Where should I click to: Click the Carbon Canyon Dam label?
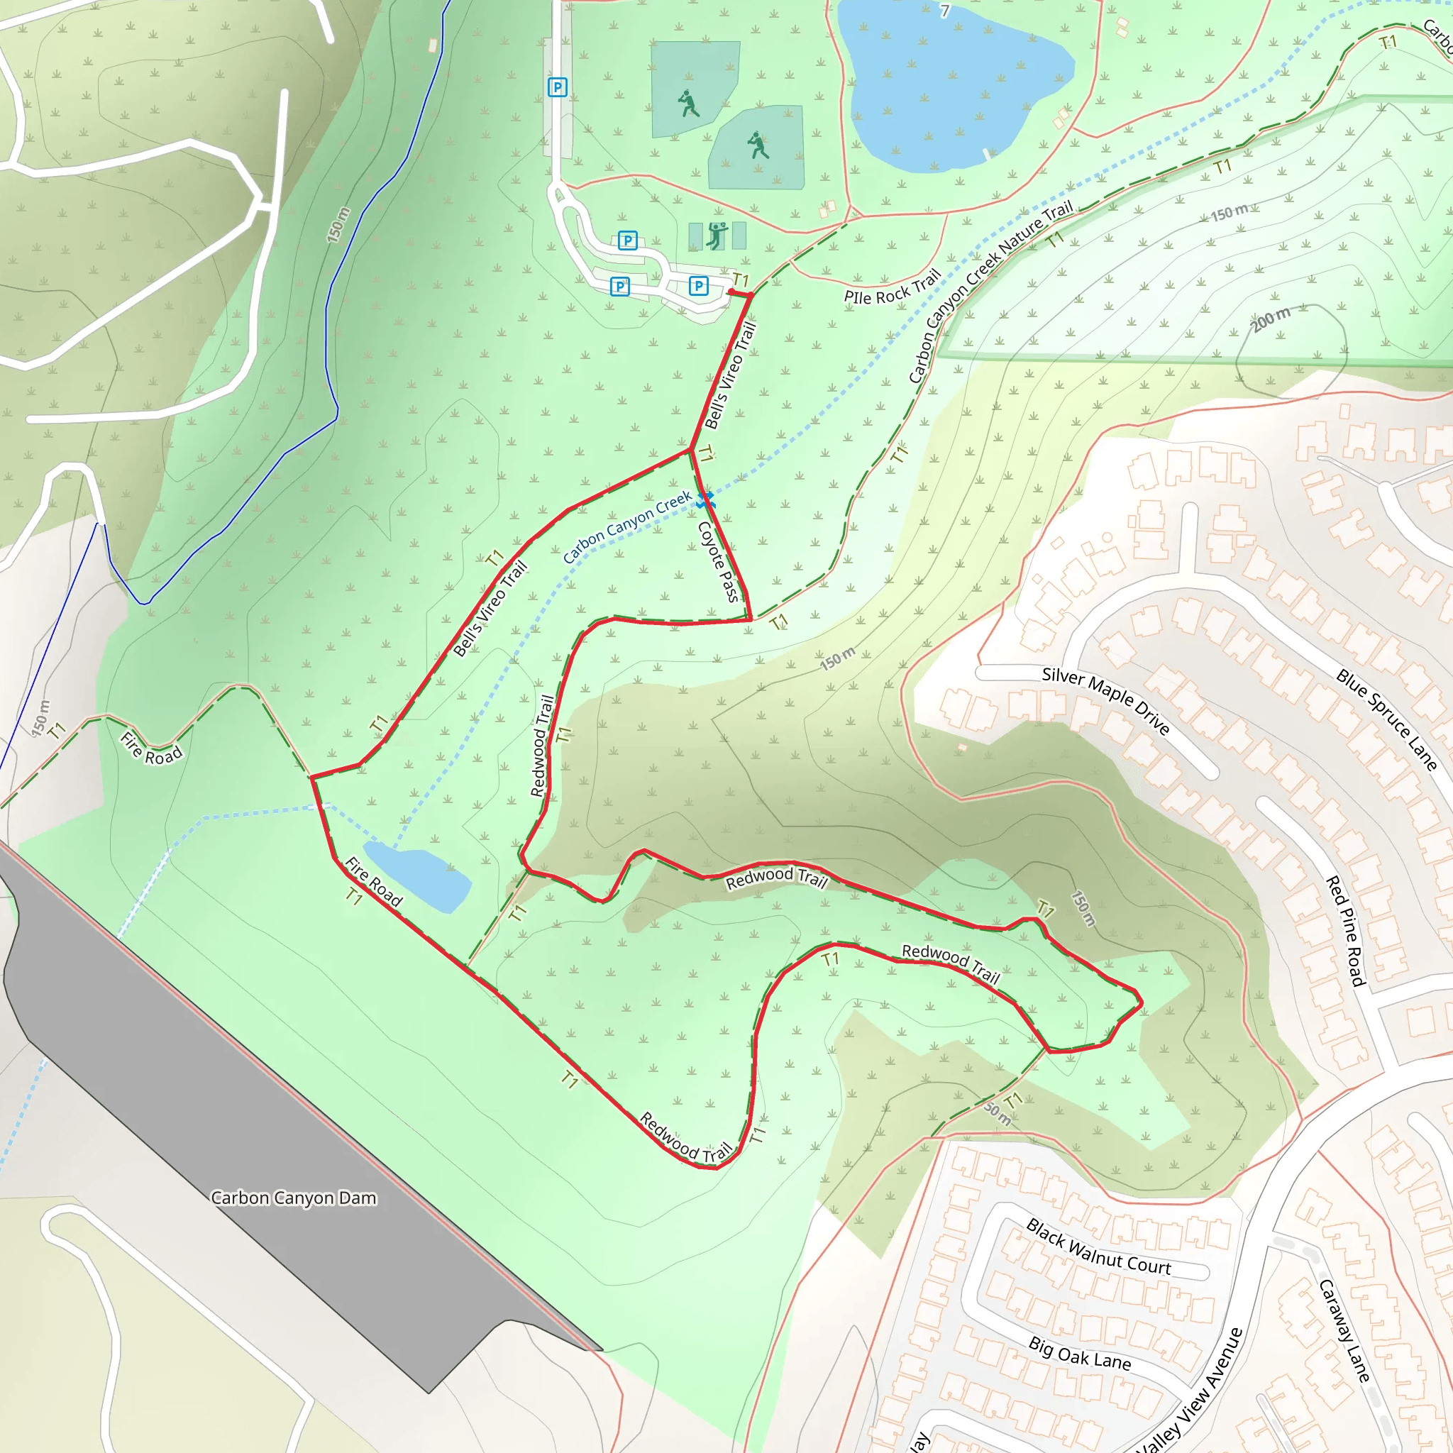293,1198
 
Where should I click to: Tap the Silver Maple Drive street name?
1105,700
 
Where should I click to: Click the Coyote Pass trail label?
718,561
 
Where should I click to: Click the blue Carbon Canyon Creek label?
627,526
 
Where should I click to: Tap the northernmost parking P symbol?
557,87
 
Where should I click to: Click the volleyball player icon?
717,235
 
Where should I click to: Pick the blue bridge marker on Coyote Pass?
705,500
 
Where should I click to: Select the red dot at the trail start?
731,292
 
